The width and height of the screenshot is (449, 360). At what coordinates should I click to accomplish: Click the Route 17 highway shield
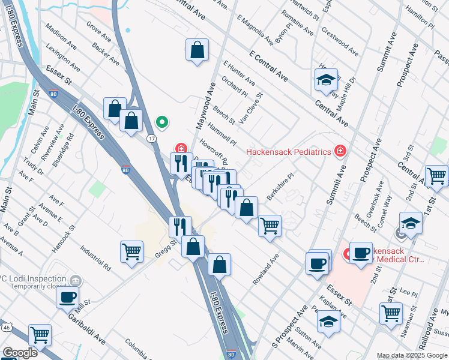pyautogui.click(x=152, y=139)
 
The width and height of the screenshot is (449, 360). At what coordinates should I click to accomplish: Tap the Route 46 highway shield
pyautogui.click(x=5, y=328)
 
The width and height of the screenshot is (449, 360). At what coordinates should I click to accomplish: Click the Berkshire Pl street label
pyautogui.click(x=280, y=187)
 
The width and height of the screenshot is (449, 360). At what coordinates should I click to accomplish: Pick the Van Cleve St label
pyautogui.click(x=250, y=107)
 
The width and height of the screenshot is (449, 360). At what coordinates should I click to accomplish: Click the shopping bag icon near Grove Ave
pyautogui.click(x=197, y=50)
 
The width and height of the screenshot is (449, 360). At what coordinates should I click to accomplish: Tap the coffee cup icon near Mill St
pyautogui.click(x=68, y=296)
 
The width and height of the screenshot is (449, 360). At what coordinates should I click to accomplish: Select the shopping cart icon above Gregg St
pyautogui.click(x=131, y=251)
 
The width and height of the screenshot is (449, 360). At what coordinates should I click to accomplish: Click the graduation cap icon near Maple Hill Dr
pyautogui.click(x=326, y=80)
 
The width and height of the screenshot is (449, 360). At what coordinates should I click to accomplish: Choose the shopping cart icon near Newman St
pyautogui.click(x=391, y=313)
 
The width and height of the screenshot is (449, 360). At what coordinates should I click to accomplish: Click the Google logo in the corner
pyautogui.click(x=20, y=353)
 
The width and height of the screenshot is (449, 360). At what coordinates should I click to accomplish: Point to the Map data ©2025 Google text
pyautogui.click(x=412, y=355)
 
